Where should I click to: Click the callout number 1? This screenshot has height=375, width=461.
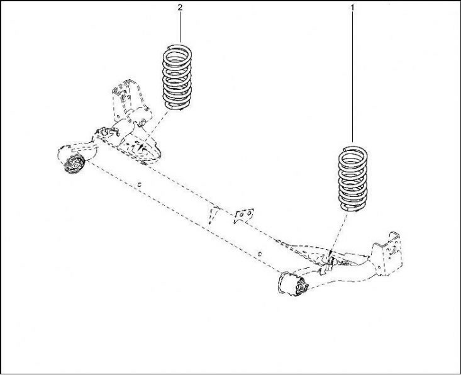point(352,8)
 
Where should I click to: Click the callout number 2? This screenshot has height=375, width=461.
point(180,8)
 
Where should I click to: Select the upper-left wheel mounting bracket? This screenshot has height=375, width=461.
point(126,98)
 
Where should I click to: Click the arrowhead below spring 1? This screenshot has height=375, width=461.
point(331,255)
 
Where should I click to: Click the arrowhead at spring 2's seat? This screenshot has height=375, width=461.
point(142,147)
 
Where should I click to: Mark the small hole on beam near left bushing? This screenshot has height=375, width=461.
point(140,184)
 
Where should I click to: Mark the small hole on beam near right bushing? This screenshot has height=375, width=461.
point(259,254)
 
